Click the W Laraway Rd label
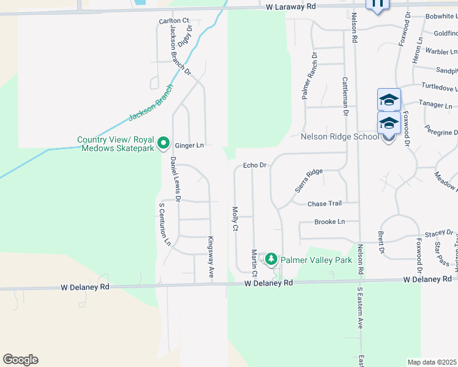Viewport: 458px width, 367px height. pos(291,6)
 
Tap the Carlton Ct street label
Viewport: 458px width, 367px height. pos(173,21)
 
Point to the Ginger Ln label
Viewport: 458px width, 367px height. pos(189,146)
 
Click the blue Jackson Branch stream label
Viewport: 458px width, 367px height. pos(151,102)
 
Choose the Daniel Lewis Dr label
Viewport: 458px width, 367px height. pos(176,179)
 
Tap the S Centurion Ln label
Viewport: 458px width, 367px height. pos(165,224)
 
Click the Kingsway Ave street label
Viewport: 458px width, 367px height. pos(210,258)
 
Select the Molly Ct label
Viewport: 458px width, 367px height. pos(235,219)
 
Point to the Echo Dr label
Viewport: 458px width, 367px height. pos(255,165)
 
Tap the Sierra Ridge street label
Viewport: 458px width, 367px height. pos(309,180)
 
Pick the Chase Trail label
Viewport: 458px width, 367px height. pos(324,204)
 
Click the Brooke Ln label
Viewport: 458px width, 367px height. pos(329,221)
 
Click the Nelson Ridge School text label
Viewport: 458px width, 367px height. pos(340,136)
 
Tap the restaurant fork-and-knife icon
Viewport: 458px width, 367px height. pos(377,5)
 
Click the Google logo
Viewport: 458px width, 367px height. pos(20,360)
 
